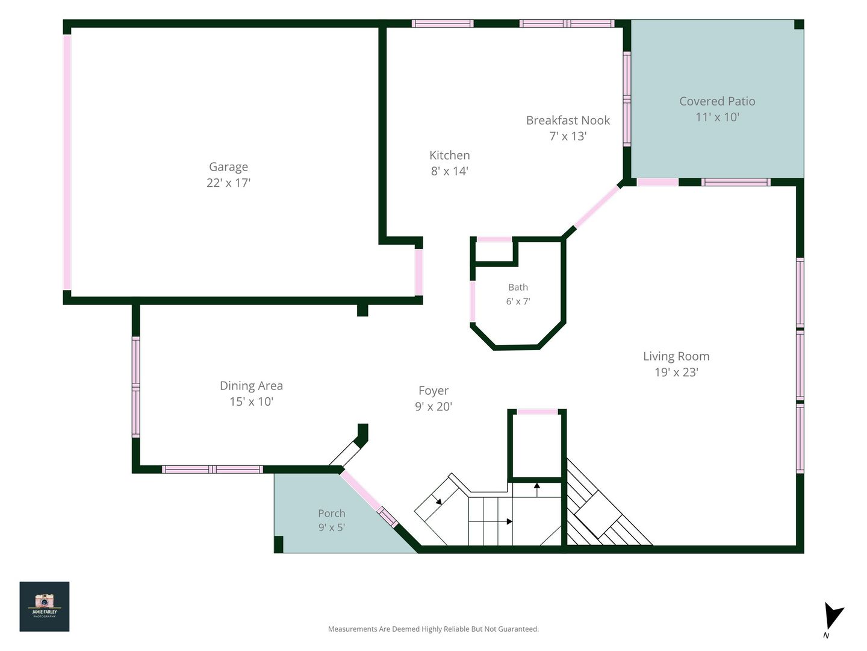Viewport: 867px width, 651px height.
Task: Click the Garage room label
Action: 228,167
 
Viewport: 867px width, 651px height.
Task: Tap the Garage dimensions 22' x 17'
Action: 228,183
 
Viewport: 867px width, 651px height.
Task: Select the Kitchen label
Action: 450,155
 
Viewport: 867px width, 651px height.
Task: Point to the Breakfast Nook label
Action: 568,120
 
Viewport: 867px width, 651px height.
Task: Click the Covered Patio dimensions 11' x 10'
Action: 717,117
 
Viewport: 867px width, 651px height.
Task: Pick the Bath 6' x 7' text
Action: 518,294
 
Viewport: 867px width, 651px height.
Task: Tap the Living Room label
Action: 676,356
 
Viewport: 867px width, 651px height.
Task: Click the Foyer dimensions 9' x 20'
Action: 433,406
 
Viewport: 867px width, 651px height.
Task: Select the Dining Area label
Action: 251,385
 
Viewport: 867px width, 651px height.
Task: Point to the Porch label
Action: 331,513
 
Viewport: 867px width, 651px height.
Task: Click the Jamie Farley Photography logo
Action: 45,606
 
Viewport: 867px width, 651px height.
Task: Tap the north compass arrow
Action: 833,617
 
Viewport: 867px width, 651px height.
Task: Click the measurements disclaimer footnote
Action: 433,629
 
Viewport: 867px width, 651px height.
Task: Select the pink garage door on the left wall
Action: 67,163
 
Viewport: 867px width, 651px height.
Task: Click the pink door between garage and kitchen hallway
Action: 418,272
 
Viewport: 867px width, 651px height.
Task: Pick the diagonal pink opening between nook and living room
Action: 597,207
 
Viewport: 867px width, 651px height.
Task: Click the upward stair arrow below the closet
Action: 537,489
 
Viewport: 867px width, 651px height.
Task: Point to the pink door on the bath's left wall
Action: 473,301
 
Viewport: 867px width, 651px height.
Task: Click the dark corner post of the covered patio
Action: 799,25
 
